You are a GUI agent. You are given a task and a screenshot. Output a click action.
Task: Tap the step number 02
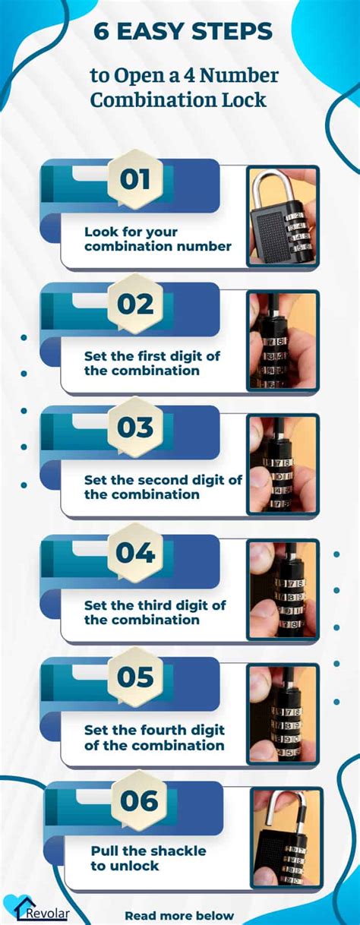(x=135, y=304)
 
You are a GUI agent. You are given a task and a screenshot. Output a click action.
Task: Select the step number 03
(x=135, y=428)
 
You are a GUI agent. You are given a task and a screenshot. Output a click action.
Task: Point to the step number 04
(x=135, y=553)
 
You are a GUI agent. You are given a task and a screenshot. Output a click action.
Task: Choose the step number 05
(x=135, y=677)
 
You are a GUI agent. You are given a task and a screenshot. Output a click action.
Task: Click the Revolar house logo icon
(x=16, y=907)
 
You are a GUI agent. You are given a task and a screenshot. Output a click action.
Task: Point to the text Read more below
(x=179, y=915)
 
